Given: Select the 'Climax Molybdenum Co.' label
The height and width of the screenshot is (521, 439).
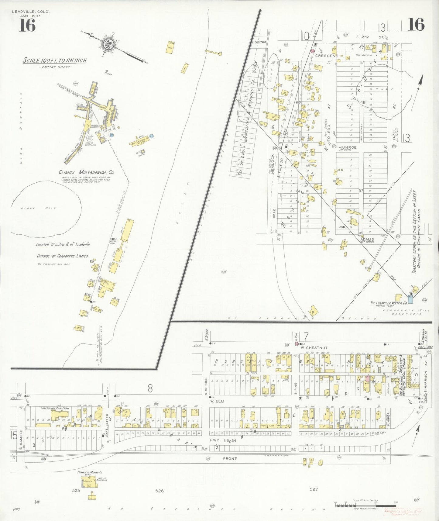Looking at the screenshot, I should click(x=87, y=173).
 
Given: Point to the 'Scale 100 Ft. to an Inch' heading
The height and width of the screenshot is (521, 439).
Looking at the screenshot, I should click(x=55, y=60).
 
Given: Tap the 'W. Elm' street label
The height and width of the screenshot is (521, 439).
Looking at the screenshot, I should click(x=217, y=401).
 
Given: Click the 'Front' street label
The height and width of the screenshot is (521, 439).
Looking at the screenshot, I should click(x=230, y=458).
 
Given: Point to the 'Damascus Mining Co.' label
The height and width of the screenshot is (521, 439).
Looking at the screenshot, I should click(x=90, y=472).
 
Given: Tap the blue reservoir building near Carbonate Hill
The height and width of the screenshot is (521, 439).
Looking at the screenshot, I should click(x=410, y=299).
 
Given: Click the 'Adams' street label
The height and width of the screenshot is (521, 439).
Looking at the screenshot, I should click(x=367, y=240).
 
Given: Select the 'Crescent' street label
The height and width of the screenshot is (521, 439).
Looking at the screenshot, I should click(x=327, y=56).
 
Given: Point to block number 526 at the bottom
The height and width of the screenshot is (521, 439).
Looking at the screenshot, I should click(x=159, y=491).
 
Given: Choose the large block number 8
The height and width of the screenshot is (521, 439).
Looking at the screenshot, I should click(x=150, y=388).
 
